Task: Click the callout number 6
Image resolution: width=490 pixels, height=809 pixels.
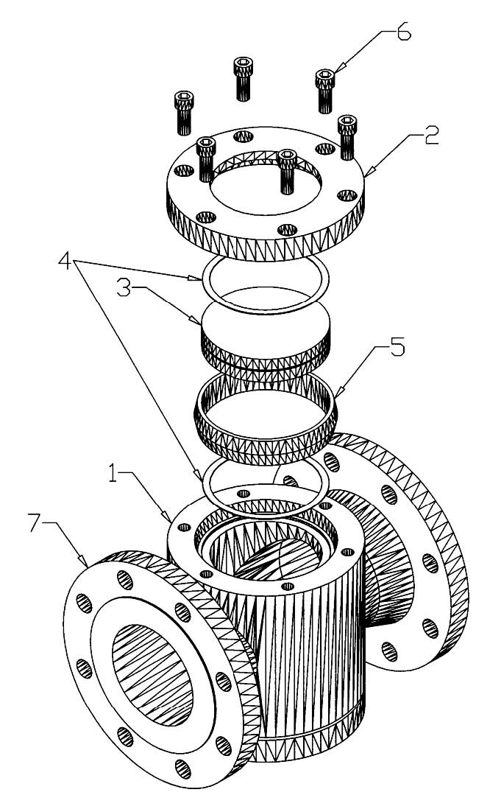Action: click(402, 32)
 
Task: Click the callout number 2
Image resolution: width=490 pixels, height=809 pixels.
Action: click(430, 136)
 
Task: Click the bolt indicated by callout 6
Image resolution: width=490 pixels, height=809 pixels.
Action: click(326, 91)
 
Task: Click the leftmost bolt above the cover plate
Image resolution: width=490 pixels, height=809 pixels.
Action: click(185, 113)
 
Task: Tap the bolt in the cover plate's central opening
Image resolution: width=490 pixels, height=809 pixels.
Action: click(287, 171)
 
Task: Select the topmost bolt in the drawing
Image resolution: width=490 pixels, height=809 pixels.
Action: click(244, 78)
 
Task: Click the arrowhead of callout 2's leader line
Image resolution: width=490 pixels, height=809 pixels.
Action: click(366, 175)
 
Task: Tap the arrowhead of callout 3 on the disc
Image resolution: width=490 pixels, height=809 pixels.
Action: click(202, 323)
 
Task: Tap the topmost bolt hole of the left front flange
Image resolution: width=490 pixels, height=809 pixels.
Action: click(124, 580)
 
